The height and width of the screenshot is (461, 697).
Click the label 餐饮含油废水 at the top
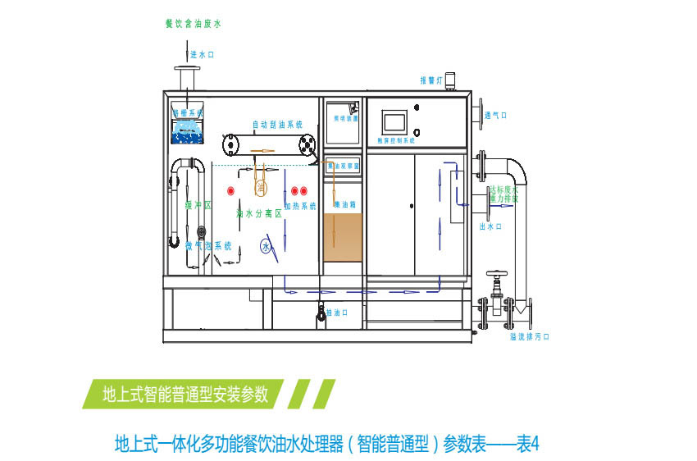(194, 24)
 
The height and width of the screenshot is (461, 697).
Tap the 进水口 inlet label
(202, 55)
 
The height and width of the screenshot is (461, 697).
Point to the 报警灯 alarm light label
(431, 80)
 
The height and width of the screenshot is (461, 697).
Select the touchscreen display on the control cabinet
(395, 122)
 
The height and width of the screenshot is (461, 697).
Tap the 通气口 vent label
(495, 116)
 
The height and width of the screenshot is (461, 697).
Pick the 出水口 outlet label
(490, 226)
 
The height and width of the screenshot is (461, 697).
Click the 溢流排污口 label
(528, 336)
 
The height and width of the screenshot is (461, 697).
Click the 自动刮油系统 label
(277, 125)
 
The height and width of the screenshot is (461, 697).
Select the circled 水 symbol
(265, 245)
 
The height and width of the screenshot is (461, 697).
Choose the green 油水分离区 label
(258, 213)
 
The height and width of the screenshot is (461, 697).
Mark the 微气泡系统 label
(207, 245)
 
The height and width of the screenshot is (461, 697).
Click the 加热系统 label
(299, 205)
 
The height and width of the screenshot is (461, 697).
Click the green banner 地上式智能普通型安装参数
(185, 394)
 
